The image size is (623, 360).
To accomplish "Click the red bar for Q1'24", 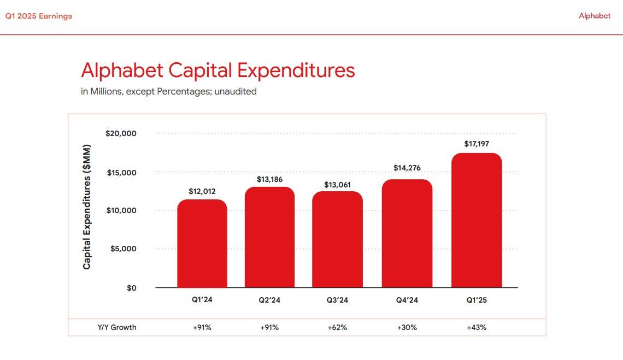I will [x=202, y=244].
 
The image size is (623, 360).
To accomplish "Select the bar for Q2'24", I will [x=269, y=238].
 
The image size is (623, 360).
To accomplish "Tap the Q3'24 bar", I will [x=337, y=240].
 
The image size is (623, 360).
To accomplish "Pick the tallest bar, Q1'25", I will [x=477, y=221].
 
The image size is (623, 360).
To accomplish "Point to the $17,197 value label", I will [x=477, y=144].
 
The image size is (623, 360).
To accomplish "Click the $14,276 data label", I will [x=407, y=168].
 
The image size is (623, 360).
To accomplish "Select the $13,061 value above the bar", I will [x=337, y=185].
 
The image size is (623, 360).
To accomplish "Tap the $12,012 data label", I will [x=202, y=191].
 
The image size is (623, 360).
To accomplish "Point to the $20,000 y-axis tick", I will [x=121, y=134].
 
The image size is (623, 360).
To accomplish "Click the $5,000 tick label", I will [x=123, y=249].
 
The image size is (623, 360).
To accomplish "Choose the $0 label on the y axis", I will [x=131, y=288].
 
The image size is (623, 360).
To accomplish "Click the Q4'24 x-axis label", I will [x=407, y=300].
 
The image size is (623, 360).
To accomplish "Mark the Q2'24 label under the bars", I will [x=269, y=300].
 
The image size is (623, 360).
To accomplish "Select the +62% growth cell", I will [x=337, y=327].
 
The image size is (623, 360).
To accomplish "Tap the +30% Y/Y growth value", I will [x=407, y=327].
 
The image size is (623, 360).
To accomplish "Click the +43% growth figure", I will [x=477, y=327].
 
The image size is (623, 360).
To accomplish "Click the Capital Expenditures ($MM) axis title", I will [x=87, y=207].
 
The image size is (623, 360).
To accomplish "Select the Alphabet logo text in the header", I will [x=595, y=16].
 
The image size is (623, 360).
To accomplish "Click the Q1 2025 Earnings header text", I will [x=39, y=16].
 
